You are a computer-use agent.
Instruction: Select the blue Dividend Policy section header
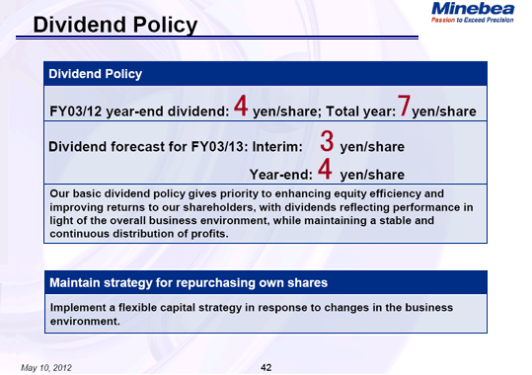click(x=96, y=74)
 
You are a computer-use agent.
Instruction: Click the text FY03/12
click(x=78, y=109)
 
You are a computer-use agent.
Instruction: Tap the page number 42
click(x=266, y=366)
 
